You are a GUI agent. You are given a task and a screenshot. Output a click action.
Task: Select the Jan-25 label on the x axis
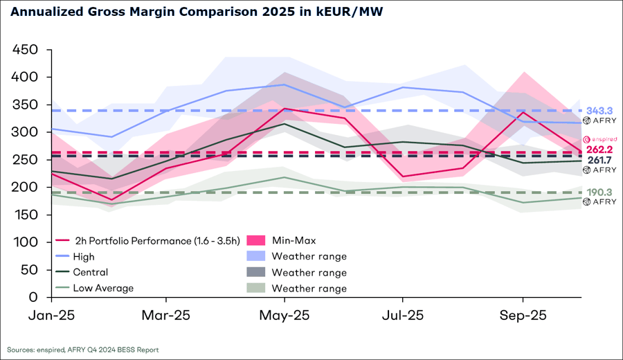point(51,315)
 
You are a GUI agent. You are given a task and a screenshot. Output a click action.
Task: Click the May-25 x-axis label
point(285,315)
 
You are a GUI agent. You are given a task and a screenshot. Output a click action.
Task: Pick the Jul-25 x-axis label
point(403,315)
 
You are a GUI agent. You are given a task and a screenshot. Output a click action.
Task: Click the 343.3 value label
point(600,111)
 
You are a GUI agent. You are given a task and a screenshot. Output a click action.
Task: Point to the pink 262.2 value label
point(600,150)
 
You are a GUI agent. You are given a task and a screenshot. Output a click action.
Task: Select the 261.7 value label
point(600,160)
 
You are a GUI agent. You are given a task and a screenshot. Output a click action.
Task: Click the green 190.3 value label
point(600,192)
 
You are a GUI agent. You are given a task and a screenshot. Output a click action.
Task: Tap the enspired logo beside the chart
point(600,140)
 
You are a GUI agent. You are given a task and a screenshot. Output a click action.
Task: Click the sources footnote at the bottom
point(83,350)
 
